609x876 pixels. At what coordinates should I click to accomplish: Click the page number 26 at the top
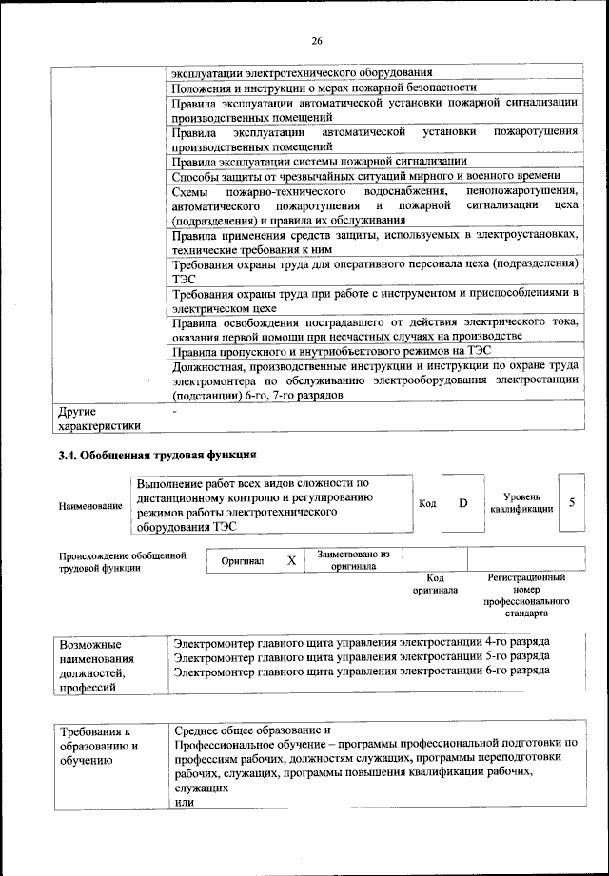(317, 40)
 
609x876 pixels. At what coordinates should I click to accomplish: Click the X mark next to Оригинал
(291, 560)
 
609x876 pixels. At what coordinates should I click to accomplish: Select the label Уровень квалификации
(521, 502)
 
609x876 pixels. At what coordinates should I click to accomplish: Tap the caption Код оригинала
(435, 583)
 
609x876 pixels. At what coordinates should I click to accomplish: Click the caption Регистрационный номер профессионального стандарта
(526, 594)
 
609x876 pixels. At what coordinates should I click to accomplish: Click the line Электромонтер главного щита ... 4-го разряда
(362, 642)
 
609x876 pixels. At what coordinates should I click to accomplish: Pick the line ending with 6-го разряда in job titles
(362, 672)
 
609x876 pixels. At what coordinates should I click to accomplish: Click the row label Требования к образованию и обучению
(100, 746)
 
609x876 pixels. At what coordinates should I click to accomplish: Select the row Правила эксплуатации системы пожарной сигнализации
(319, 161)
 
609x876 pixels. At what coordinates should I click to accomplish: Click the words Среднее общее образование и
(252, 729)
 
